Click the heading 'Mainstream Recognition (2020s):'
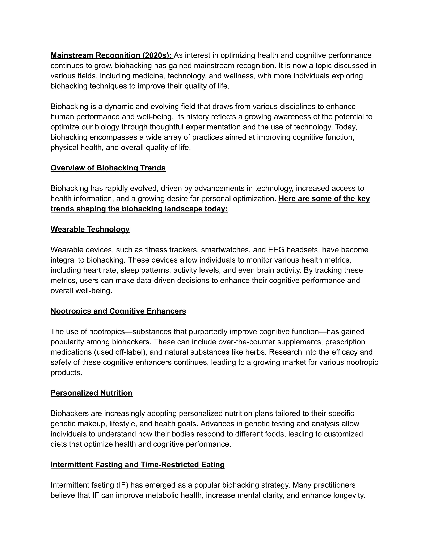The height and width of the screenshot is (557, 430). [111, 55]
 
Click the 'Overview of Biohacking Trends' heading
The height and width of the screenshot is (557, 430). [108, 168]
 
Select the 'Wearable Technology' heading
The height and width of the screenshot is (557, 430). [90, 229]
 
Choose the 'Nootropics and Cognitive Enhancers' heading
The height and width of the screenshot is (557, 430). [118, 311]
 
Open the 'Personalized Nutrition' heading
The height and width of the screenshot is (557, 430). [92, 393]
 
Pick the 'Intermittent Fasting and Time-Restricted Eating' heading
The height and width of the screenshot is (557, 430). [138, 465]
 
